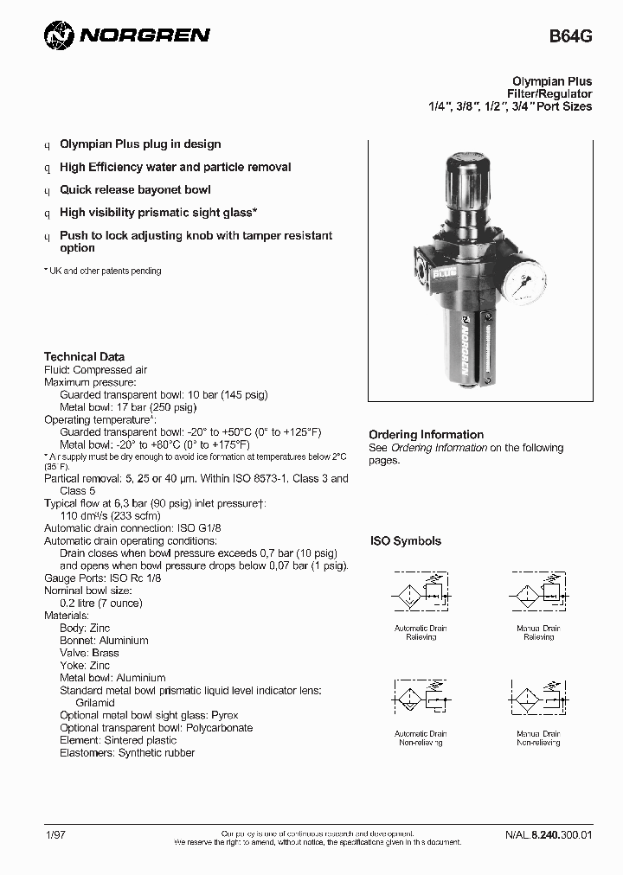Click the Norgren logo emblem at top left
(x=59, y=35)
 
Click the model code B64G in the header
(x=571, y=37)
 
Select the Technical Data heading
(x=84, y=356)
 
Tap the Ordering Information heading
(x=426, y=434)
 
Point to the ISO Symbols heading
(x=406, y=541)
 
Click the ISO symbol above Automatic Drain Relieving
(x=421, y=596)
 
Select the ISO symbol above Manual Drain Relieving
(x=537, y=596)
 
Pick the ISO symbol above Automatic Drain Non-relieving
(x=421, y=700)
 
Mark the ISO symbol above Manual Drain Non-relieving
(x=537, y=700)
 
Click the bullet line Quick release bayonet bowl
(x=135, y=189)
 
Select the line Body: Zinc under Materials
(x=85, y=628)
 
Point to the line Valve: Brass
(x=89, y=653)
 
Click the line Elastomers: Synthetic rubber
(x=127, y=752)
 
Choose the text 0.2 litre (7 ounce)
(x=100, y=603)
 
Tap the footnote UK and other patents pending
(x=105, y=271)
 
